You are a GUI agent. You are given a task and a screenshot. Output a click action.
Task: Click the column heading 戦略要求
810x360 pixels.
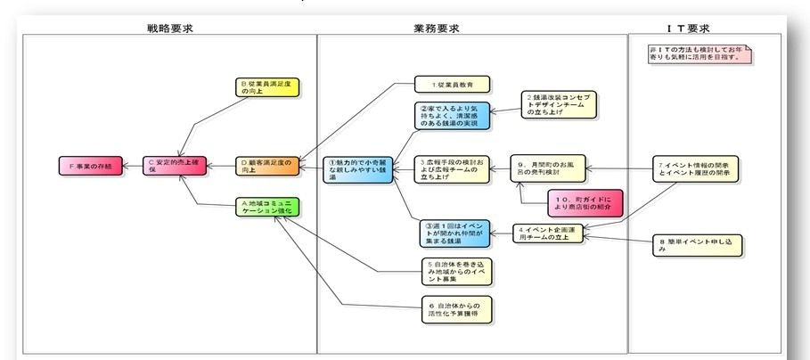[169, 28]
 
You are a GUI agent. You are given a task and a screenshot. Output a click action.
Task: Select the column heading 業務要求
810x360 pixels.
[437, 28]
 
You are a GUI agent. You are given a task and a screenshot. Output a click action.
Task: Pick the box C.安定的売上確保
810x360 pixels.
[175, 166]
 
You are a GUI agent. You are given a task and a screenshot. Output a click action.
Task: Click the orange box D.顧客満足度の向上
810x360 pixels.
[266, 166]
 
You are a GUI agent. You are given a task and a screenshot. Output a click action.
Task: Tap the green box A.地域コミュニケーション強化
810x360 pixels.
[266, 207]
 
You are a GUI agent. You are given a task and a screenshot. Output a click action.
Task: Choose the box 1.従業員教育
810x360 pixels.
[451, 83]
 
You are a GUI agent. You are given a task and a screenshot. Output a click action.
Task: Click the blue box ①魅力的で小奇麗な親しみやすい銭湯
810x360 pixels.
[357, 169]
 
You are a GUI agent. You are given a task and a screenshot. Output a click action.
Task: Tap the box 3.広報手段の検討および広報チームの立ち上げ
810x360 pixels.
[452, 169]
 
